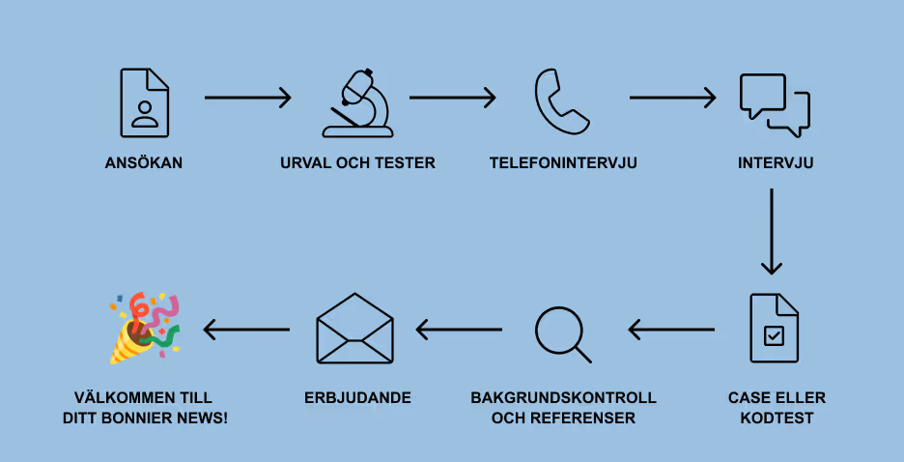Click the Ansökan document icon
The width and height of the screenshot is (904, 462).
click(x=145, y=102)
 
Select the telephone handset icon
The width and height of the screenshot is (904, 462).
click(x=561, y=101)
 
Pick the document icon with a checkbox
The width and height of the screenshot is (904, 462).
click(x=774, y=328)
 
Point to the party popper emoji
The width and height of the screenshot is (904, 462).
click(x=144, y=328)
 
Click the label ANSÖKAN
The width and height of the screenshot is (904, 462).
click(x=144, y=163)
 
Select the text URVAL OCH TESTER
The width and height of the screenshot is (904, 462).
click(x=357, y=163)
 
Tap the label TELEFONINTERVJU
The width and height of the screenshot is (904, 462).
click(x=563, y=163)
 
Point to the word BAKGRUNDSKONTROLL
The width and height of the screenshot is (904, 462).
click(x=563, y=398)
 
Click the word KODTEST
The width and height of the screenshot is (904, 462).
click(x=777, y=419)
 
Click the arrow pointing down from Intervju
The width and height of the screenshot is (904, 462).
click(x=771, y=232)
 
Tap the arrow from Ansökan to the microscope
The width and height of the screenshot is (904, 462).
click(x=247, y=98)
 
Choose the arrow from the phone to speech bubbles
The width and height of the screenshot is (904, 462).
click(x=672, y=98)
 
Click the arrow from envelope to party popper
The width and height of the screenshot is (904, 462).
click(x=247, y=330)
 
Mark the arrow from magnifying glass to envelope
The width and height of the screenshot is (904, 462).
click(x=460, y=330)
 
